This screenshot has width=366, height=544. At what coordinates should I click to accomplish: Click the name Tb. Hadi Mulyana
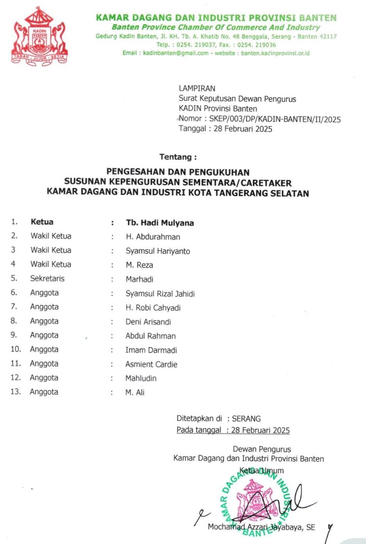pos(160,223)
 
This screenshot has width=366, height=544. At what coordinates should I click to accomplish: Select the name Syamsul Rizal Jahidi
pos(160,294)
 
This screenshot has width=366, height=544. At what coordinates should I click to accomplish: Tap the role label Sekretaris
pos(47,279)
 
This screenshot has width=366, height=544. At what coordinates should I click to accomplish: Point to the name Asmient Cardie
pos(151,364)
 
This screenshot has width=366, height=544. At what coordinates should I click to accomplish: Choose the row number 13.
pos(15,392)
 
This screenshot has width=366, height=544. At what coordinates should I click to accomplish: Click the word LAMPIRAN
pos(197,88)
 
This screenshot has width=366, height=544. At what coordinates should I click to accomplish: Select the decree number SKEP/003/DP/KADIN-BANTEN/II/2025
pos(274,119)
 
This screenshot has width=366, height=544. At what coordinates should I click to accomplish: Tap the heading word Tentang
pos(176,157)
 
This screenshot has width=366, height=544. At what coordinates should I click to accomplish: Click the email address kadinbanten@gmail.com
pos(176,53)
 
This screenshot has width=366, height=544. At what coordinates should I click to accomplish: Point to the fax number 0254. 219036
pos(256,45)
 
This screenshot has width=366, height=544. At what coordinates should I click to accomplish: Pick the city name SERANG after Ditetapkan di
pos(246,418)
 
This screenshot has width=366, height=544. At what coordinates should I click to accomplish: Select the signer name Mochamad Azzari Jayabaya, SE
pos(261,527)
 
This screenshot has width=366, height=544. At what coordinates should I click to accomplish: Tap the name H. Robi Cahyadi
pos(153,308)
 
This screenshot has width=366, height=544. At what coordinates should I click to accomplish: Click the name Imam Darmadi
pos(151,350)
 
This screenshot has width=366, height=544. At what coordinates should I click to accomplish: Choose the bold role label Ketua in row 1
pos(42,222)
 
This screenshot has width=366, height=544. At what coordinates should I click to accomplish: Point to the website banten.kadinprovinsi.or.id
pos(275,53)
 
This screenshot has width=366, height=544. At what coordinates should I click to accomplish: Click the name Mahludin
pos(141,378)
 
